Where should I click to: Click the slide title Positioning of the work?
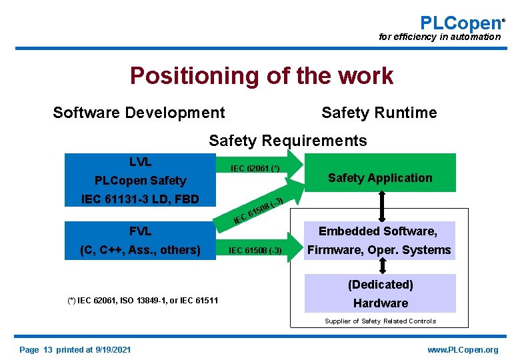pyautogui.click(x=261, y=76)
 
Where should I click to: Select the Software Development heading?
pyautogui.click(x=139, y=113)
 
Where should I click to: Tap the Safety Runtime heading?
pyautogui.click(x=379, y=113)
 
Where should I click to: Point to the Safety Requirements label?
pyautogui.click(x=287, y=141)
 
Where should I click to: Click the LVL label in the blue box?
pyautogui.click(x=140, y=162)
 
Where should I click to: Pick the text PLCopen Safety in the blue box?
pyautogui.click(x=140, y=181)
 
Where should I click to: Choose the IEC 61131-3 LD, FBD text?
pyautogui.click(x=140, y=199)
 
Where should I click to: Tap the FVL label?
pyautogui.click(x=140, y=232)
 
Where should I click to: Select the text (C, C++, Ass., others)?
pyautogui.click(x=140, y=250)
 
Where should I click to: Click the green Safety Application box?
pyautogui.click(x=380, y=177)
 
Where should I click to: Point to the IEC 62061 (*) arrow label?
pyautogui.click(x=255, y=168)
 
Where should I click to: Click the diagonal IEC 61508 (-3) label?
pyautogui.click(x=259, y=209)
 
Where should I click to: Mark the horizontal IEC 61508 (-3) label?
pyautogui.click(x=255, y=251)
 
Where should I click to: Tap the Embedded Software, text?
pyautogui.click(x=377, y=231)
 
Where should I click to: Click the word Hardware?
pyautogui.click(x=380, y=303)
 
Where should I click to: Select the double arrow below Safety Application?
pyautogui.click(x=383, y=207)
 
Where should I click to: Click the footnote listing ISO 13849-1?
pyautogui.click(x=143, y=301)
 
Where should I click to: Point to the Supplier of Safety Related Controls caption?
pyautogui.click(x=380, y=321)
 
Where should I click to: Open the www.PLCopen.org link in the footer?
pyautogui.click(x=463, y=350)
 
